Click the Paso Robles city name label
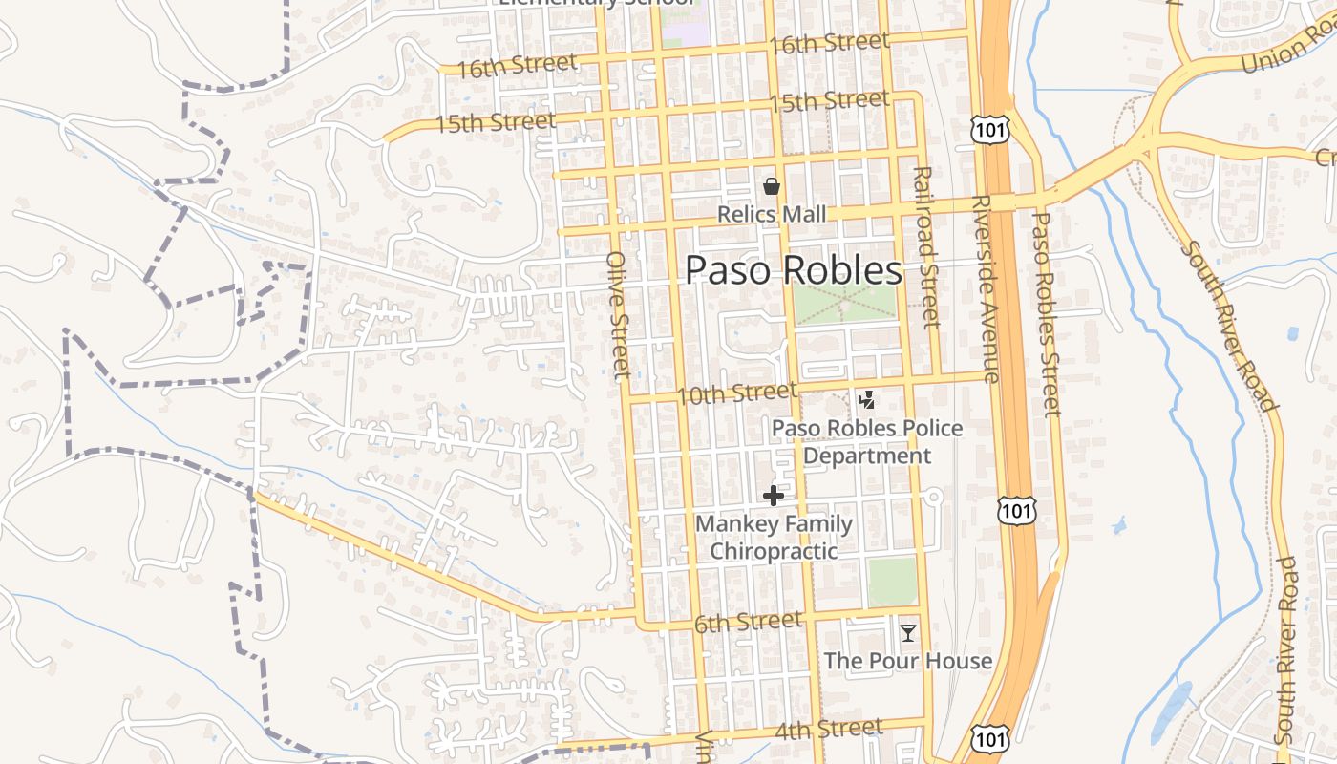click(x=794, y=270)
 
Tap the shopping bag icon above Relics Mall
click(x=772, y=186)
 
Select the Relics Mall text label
click(x=772, y=214)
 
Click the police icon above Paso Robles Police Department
click(x=867, y=400)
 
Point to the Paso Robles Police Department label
click(x=867, y=441)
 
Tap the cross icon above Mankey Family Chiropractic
click(x=774, y=496)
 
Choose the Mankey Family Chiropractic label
click(x=774, y=537)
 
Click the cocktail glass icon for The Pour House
click(x=907, y=632)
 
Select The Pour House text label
click(x=907, y=660)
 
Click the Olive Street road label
click(x=619, y=314)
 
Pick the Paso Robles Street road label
click(x=1047, y=314)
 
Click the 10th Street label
click(x=736, y=393)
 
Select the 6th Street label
click(x=748, y=624)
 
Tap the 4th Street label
click(x=829, y=731)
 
